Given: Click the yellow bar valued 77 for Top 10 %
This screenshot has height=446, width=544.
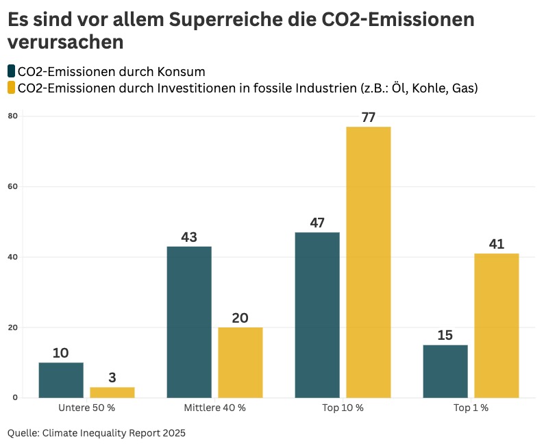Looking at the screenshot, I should tap(368, 262).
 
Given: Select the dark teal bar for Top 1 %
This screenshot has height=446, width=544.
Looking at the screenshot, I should tap(445, 371).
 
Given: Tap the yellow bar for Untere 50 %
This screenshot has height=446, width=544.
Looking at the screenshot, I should tap(112, 392).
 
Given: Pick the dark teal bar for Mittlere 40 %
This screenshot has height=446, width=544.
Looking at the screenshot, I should tap(189, 321).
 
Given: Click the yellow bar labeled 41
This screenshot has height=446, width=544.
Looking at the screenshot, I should tap(497, 325).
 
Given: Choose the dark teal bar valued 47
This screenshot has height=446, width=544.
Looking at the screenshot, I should tap(317, 314).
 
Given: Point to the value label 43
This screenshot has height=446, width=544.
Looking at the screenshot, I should tap(189, 237).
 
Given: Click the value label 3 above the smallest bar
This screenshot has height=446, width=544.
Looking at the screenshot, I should tap(112, 378).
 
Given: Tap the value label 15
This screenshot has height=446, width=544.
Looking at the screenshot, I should tap(445, 336).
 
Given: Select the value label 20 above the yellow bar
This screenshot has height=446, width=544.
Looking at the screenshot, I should tap(240, 318).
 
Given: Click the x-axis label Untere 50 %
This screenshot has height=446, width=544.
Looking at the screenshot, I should tap(86, 408).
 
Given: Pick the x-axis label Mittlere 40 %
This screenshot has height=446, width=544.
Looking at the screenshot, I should tap(214, 408).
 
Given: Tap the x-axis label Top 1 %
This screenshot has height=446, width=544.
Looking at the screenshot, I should tap(471, 408).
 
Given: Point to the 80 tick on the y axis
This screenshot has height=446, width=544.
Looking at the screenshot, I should tap(12, 116).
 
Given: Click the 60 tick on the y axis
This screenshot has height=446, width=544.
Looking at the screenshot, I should tap(12, 187).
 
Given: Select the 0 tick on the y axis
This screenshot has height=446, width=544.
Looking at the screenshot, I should tap(14, 397).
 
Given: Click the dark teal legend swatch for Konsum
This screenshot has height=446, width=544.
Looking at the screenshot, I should tap(11, 71).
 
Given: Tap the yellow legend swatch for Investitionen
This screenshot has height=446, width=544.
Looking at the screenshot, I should tap(11, 88).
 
